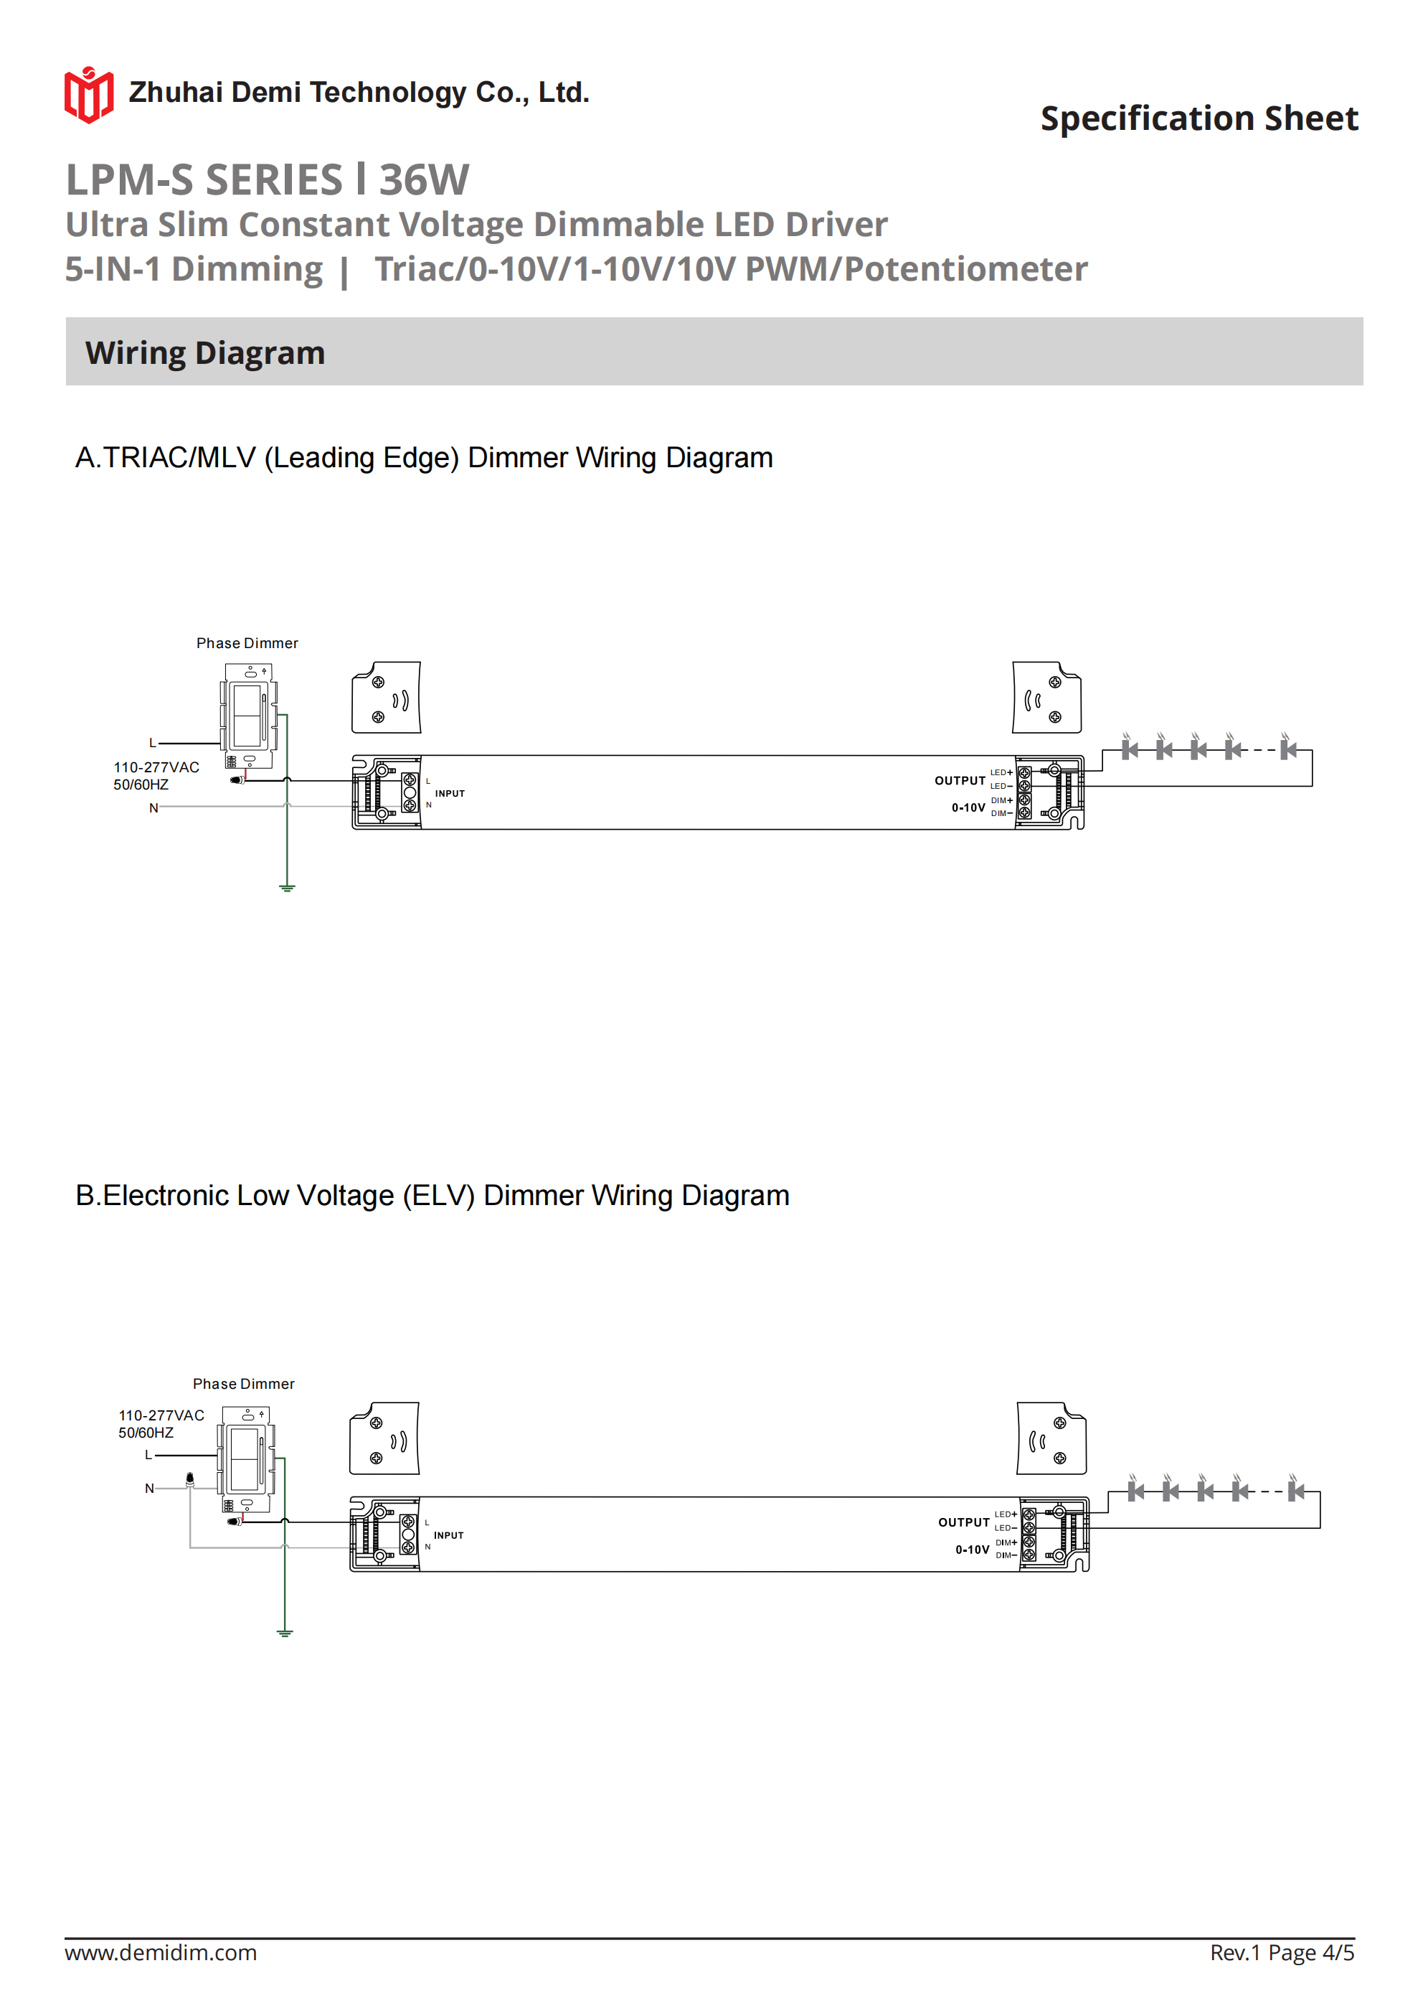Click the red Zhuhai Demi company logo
[88, 95]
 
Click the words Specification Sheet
[1199, 118]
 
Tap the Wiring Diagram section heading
[205, 352]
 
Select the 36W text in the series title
[425, 180]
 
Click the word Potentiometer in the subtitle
[965, 269]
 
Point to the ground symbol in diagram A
[287, 888]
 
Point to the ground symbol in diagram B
[284, 1632]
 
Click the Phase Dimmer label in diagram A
[247, 643]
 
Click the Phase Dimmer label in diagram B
[243, 1383]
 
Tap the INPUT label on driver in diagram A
[450, 794]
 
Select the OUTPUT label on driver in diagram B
[963, 1522]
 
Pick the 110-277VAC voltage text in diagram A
[156, 767]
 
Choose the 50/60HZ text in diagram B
[146, 1433]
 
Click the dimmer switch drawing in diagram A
[248, 715]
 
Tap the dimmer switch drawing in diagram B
[245, 1458]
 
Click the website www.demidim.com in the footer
[161, 1952]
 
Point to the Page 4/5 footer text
[1311, 1952]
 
